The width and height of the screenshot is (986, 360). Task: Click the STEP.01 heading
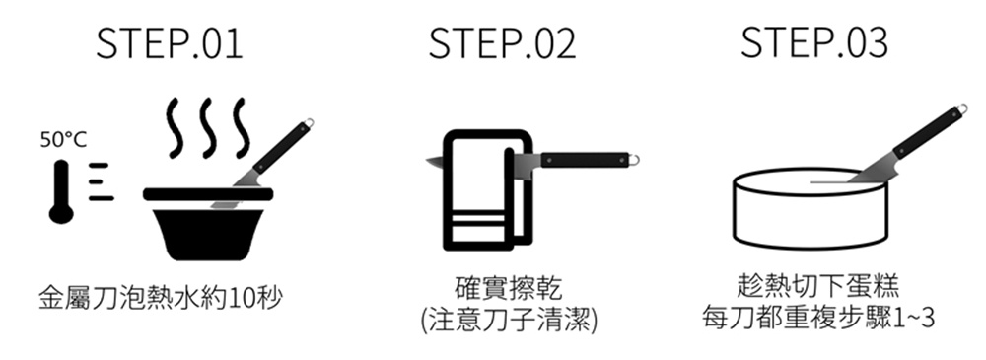pos(170,43)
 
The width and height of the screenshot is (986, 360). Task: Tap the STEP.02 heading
pos(502,43)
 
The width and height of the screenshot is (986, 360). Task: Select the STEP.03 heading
pos(814,43)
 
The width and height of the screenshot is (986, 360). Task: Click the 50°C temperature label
pos(63,140)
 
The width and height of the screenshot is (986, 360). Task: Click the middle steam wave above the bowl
pos(208,128)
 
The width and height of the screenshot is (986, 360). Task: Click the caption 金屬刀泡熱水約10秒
pos(160,298)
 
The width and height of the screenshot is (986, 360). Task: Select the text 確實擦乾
pos(507,288)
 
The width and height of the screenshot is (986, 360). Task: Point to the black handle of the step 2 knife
pos(585,160)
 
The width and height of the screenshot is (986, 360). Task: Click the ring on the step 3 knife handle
pos(962,109)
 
